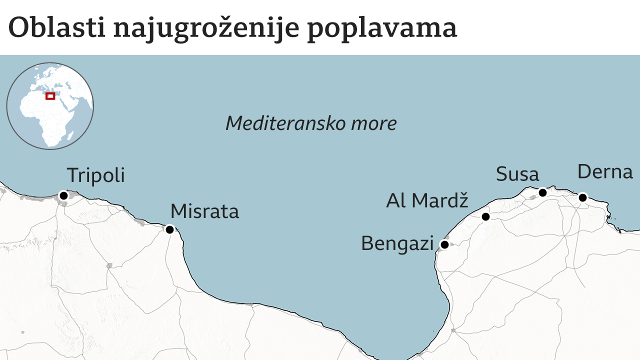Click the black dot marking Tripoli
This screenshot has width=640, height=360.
[x=63, y=195]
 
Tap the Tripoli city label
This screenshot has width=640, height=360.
[x=95, y=175]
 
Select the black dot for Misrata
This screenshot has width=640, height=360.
[x=169, y=230]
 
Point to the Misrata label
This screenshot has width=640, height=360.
[x=204, y=211]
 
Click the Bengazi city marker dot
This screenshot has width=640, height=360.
[x=444, y=244]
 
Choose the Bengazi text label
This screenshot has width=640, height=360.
[x=397, y=244]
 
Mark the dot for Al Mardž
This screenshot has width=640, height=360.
[x=485, y=216]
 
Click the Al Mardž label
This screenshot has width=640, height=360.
[x=427, y=200]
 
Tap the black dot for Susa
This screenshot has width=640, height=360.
[x=542, y=192]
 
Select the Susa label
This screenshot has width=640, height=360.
[x=517, y=174]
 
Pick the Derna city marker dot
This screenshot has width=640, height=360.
[x=582, y=197]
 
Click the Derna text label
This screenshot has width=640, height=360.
[x=605, y=172]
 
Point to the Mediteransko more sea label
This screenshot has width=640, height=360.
[x=311, y=123]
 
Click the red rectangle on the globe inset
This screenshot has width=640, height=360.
[x=50, y=96]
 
